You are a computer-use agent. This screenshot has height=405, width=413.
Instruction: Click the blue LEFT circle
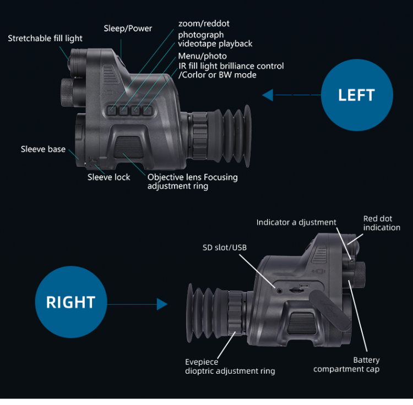pos(356,95)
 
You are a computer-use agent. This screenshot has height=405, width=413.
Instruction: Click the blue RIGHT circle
pos(70,302)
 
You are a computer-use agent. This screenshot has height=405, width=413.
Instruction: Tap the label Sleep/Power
pos(128,29)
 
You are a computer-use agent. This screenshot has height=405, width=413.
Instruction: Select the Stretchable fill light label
pos(45,39)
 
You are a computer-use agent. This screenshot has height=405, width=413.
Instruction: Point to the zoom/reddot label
pos(204,24)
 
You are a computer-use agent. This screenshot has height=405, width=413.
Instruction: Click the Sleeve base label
pos(43,149)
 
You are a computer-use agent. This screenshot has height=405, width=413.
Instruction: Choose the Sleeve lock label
pos(109,177)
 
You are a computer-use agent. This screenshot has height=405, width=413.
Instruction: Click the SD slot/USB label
pos(225,248)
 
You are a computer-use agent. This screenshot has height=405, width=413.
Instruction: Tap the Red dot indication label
pos(382,223)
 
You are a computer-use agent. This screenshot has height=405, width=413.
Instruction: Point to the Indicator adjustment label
pos(296,222)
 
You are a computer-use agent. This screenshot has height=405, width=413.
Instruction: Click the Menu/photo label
pos(202,56)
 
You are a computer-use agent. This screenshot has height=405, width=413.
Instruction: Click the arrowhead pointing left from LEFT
pos(268,95)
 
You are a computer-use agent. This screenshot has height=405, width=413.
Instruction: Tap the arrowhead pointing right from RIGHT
pos(162,304)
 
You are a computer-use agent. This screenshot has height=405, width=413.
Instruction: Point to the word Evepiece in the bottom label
pos(202,362)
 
